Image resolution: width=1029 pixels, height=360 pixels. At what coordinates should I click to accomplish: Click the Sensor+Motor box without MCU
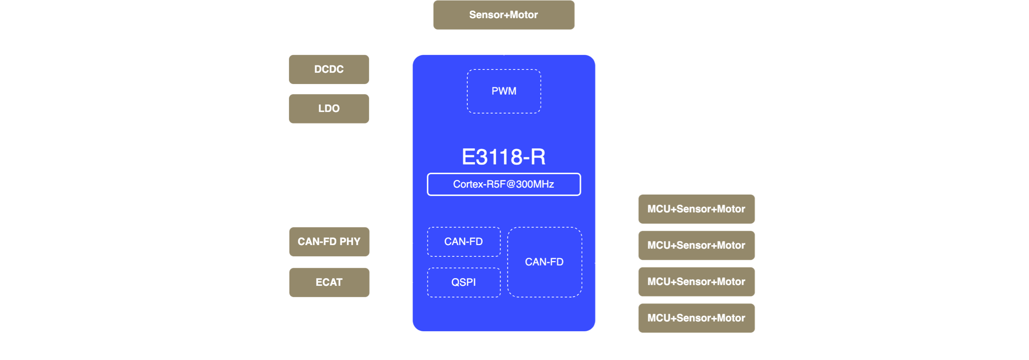click(504, 15)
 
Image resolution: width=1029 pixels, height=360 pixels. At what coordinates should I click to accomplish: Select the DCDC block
click(329, 69)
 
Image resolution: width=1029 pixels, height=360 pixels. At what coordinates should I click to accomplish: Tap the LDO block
click(329, 109)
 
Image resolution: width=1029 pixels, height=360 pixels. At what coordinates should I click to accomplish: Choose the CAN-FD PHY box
click(329, 242)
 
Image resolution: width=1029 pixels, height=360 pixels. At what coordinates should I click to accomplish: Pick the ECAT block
click(329, 282)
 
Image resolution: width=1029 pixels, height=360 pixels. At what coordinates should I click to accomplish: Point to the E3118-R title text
click(504, 157)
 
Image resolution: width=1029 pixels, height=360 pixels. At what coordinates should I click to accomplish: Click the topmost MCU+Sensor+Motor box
click(696, 209)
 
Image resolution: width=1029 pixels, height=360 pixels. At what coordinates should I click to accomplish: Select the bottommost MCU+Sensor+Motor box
click(696, 318)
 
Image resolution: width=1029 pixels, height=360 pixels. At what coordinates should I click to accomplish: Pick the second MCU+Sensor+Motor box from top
click(696, 246)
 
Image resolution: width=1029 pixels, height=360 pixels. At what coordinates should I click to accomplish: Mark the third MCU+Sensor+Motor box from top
click(696, 282)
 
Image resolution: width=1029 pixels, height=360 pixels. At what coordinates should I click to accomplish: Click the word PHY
click(350, 242)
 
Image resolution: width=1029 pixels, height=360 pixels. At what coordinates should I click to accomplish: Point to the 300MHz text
click(535, 184)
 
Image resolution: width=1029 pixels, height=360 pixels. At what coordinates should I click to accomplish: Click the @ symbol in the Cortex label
click(511, 185)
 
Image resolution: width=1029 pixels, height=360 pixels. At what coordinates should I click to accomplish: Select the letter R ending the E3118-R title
click(538, 157)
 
